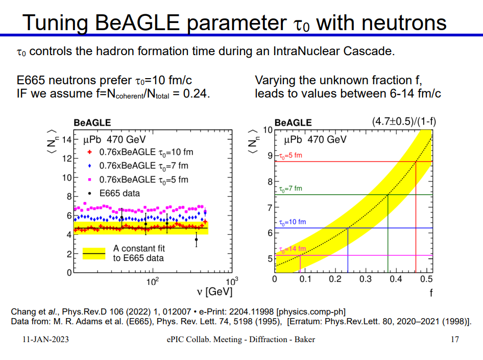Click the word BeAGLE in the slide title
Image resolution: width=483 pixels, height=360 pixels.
[x=137, y=22]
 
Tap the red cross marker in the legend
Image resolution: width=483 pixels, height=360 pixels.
[x=90, y=152]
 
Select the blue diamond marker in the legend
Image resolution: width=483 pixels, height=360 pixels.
[x=90, y=166]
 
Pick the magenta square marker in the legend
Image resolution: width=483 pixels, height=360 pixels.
[x=90, y=180]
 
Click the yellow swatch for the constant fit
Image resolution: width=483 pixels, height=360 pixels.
[x=94, y=253]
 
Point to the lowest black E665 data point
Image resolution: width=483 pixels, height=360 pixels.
[x=196, y=239]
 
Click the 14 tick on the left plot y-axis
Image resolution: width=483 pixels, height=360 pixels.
[x=66, y=140]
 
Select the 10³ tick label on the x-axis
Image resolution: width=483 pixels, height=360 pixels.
[x=232, y=281]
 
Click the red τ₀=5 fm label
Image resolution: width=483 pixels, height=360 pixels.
[x=291, y=156]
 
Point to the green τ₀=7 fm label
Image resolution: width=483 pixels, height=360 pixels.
[x=291, y=188]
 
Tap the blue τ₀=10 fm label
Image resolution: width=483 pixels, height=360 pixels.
[x=293, y=222]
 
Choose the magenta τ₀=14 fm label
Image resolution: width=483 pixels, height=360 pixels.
[x=293, y=249]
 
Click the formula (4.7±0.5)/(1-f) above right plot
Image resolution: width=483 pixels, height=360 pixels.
[x=404, y=122]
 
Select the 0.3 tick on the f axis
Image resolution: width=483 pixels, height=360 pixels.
[x=366, y=279]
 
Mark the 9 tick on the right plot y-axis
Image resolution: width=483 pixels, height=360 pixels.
[x=270, y=156]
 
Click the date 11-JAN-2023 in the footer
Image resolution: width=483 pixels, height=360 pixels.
[x=45, y=340]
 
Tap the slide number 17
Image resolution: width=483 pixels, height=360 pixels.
[x=455, y=340]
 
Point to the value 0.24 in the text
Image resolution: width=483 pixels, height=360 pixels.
[x=197, y=93]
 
